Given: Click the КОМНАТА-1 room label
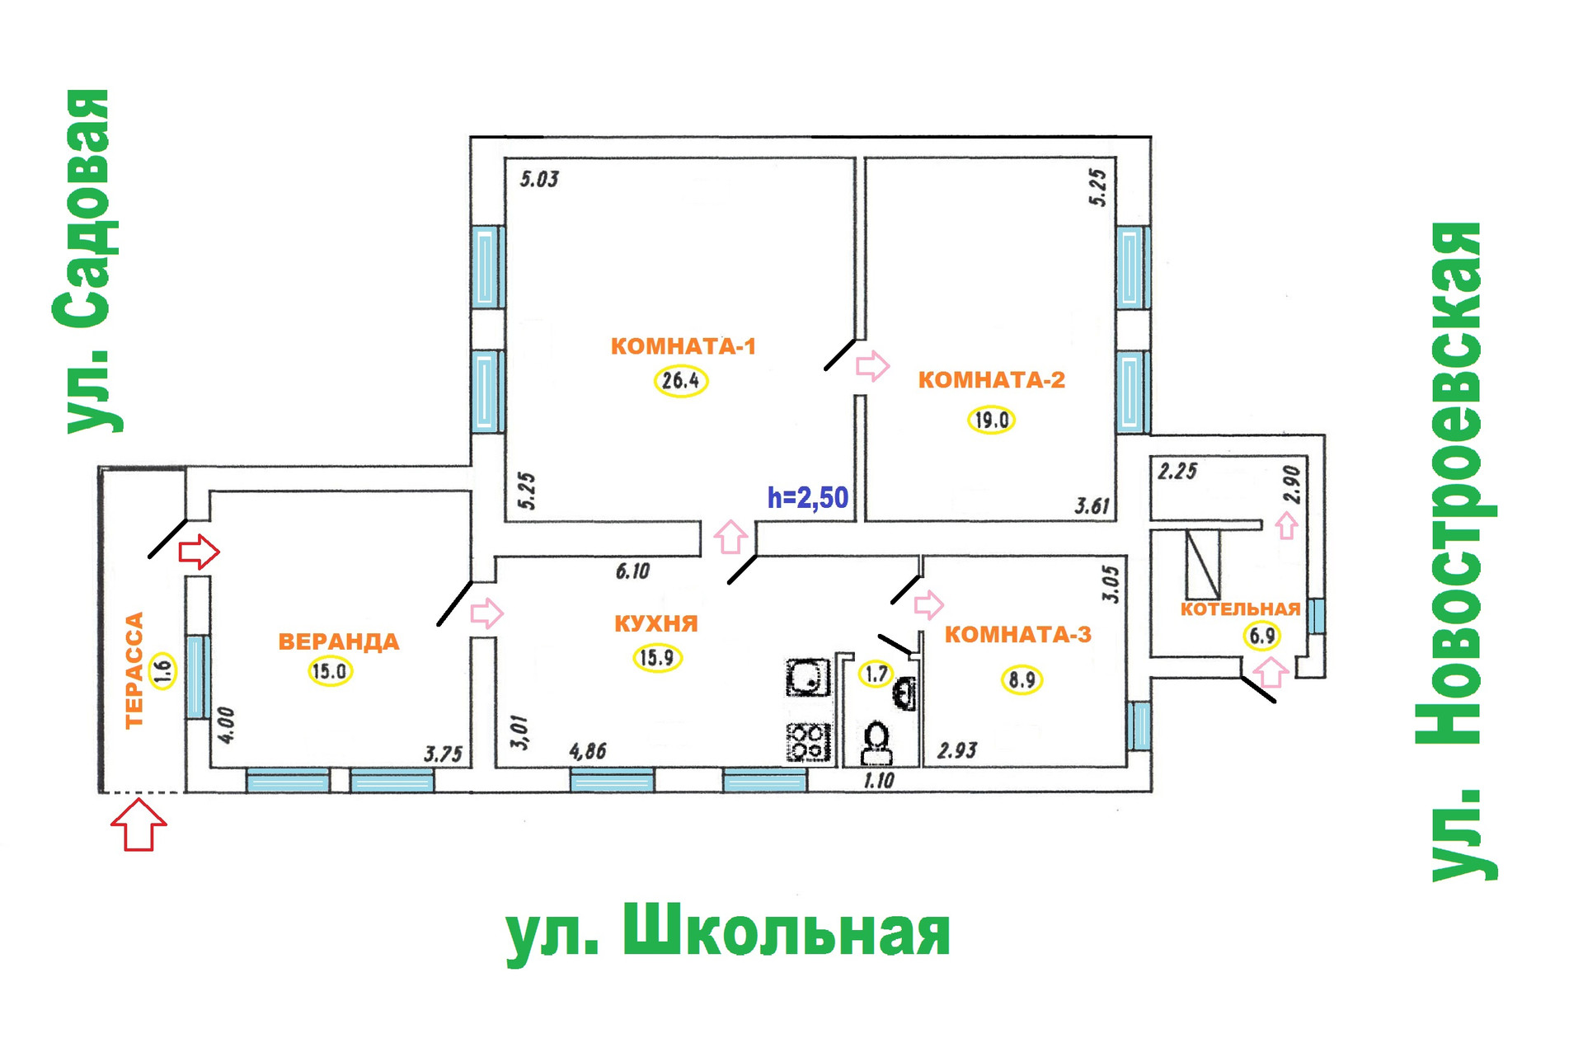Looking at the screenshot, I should click(683, 346).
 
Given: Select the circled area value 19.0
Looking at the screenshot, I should click(991, 420).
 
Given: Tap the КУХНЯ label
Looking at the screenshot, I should click(656, 623).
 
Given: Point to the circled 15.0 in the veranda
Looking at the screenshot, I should click(330, 671).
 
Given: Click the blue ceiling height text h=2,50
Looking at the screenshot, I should click(808, 498).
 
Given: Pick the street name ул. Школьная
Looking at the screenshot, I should click(728, 932).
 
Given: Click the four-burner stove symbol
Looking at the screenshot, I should click(809, 741).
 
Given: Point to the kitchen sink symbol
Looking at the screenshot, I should click(808, 678).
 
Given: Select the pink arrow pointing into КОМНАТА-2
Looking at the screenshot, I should click(872, 365).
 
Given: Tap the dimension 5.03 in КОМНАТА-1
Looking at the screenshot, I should click(539, 179).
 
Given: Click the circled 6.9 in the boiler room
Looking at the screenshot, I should click(1262, 636).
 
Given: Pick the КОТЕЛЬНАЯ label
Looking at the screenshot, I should click(1240, 609).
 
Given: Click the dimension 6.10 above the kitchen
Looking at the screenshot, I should click(632, 571).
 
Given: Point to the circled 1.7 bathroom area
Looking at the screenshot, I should click(876, 674).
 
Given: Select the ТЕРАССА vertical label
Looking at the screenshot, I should click(134, 669).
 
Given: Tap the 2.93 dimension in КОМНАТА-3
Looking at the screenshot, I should click(957, 750).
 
